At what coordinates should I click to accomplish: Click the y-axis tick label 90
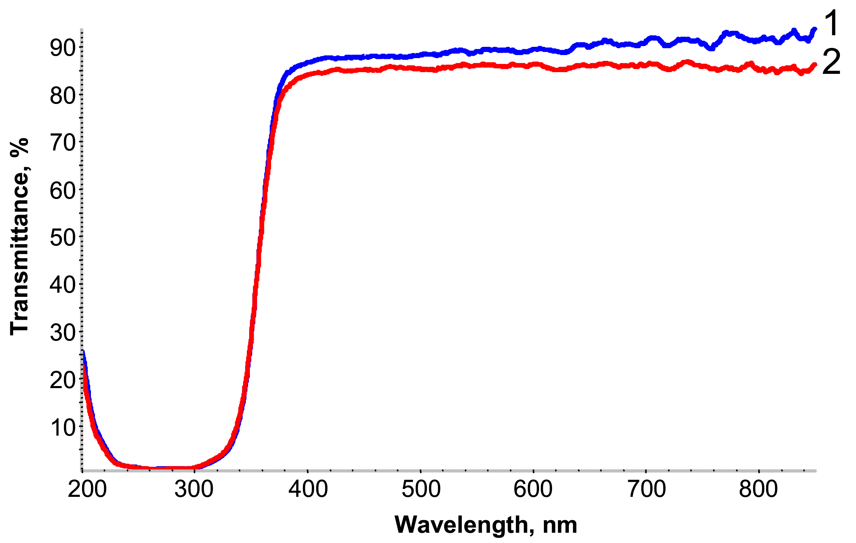point(63,48)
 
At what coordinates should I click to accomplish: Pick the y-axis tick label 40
point(63,285)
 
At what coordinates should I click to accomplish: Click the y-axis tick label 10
point(63,427)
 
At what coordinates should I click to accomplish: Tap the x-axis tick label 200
point(87,489)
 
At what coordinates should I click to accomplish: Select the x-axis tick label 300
point(194,489)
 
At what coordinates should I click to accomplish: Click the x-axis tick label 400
point(308,489)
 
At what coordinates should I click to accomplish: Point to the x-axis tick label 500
point(421,489)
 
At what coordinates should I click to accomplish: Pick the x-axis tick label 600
point(533,489)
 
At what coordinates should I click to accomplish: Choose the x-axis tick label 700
point(646,489)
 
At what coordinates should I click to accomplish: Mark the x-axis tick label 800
point(758,489)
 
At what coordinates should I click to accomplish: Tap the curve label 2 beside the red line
point(831,62)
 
